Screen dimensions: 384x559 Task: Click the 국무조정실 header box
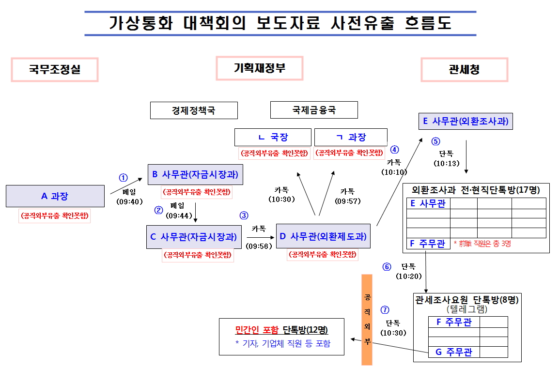pyautogui.click(x=55, y=70)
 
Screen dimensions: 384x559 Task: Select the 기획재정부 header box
pyautogui.click(x=260, y=68)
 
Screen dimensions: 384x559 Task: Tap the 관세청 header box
pyautogui.click(x=464, y=70)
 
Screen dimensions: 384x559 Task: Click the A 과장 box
pyautogui.click(x=55, y=196)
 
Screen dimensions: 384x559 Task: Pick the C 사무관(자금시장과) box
pyautogui.click(x=194, y=237)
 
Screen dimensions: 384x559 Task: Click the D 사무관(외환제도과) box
pyautogui.click(x=323, y=236)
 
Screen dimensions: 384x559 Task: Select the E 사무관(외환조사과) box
pyautogui.click(x=466, y=121)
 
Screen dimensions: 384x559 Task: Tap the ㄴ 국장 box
pyautogui.click(x=272, y=137)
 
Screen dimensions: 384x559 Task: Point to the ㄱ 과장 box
pyautogui.click(x=351, y=137)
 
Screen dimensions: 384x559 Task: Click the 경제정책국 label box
pyautogui.click(x=194, y=110)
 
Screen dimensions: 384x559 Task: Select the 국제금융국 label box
pyautogui.click(x=314, y=110)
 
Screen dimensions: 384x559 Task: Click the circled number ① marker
pyautogui.click(x=124, y=177)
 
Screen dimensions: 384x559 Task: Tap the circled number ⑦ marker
pyautogui.click(x=385, y=310)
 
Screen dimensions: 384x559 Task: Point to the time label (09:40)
pyautogui.click(x=129, y=201)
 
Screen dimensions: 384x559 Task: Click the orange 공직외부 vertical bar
pyautogui.click(x=367, y=320)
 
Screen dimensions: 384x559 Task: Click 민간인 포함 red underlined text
pyautogui.click(x=257, y=330)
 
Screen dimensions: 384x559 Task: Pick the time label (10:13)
pyautogui.click(x=447, y=163)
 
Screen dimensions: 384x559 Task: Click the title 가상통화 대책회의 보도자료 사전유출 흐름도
pyautogui.click(x=280, y=24)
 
